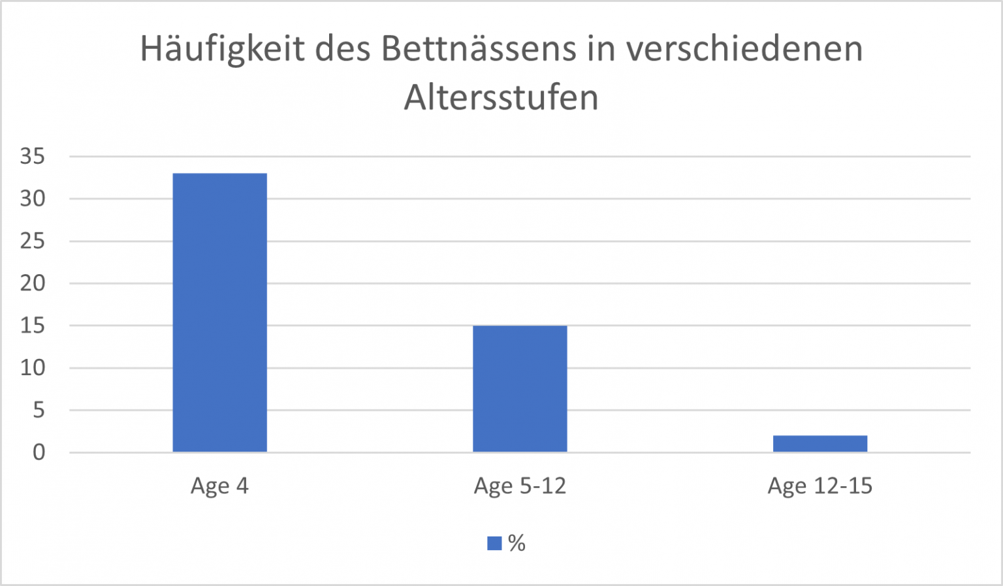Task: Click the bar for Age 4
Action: [219, 313]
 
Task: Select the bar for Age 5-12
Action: [520, 388]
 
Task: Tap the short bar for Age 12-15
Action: [820, 444]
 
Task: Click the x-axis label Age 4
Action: [219, 486]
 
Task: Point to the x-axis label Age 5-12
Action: [520, 486]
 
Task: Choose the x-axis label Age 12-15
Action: [820, 486]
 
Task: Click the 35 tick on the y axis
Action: [33, 157]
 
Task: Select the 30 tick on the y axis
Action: [33, 199]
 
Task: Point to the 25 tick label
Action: [33, 241]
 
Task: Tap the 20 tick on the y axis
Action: [33, 283]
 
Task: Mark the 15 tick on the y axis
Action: [33, 326]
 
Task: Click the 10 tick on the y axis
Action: [33, 368]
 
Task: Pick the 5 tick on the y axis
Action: [39, 410]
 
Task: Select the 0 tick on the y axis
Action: [39, 452]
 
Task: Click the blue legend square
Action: [494, 543]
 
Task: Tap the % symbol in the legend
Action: [517, 543]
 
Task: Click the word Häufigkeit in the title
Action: [222, 50]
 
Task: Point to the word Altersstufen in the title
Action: [501, 98]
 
